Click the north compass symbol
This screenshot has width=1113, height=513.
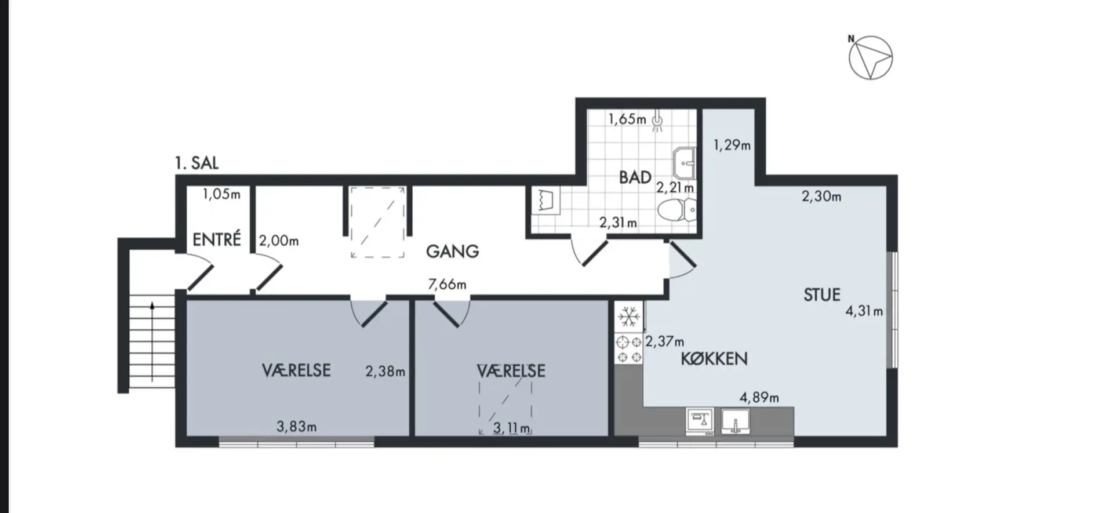tap(870, 57)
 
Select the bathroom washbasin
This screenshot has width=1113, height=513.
tap(684, 163)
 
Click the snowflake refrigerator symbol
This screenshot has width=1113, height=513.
tap(629, 317)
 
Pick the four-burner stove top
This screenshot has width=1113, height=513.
tap(629, 349)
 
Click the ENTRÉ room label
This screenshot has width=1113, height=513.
tap(216, 239)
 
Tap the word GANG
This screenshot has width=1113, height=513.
tap(452, 251)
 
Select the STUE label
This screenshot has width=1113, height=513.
tap(821, 294)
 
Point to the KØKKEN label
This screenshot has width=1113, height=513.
tap(714, 358)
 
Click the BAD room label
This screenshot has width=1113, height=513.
tap(635, 177)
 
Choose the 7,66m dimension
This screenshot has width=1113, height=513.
tap(447, 284)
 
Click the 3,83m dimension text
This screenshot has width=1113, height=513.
tap(296, 427)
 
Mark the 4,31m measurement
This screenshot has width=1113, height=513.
tap(864, 311)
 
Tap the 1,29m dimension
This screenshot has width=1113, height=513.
tap(732, 145)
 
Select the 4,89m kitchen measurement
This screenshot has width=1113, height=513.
tap(759, 398)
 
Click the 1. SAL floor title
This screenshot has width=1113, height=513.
tap(197, 163)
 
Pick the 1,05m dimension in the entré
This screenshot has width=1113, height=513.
tap(221, 194)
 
